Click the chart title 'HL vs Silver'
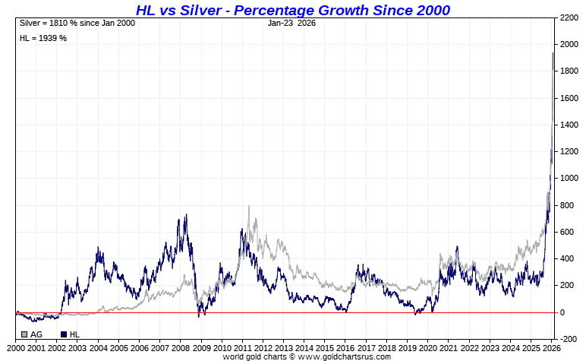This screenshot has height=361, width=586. coord(292,10)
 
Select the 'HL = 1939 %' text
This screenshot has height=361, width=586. coord(43,38)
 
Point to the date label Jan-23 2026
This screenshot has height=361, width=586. coord(292,23)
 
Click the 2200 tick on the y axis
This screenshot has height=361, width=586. coord(570,17)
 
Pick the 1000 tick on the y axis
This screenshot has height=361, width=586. coord(570,179)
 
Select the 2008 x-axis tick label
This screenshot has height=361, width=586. coord(180,347)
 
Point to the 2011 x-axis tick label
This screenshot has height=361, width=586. coord(241,347)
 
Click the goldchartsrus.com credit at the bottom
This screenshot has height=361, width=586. coord(307,356)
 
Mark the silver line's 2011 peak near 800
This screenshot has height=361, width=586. coord(249,206)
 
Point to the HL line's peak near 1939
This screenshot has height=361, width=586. coord(553,52)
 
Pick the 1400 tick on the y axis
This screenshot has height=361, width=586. coord(570,125)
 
